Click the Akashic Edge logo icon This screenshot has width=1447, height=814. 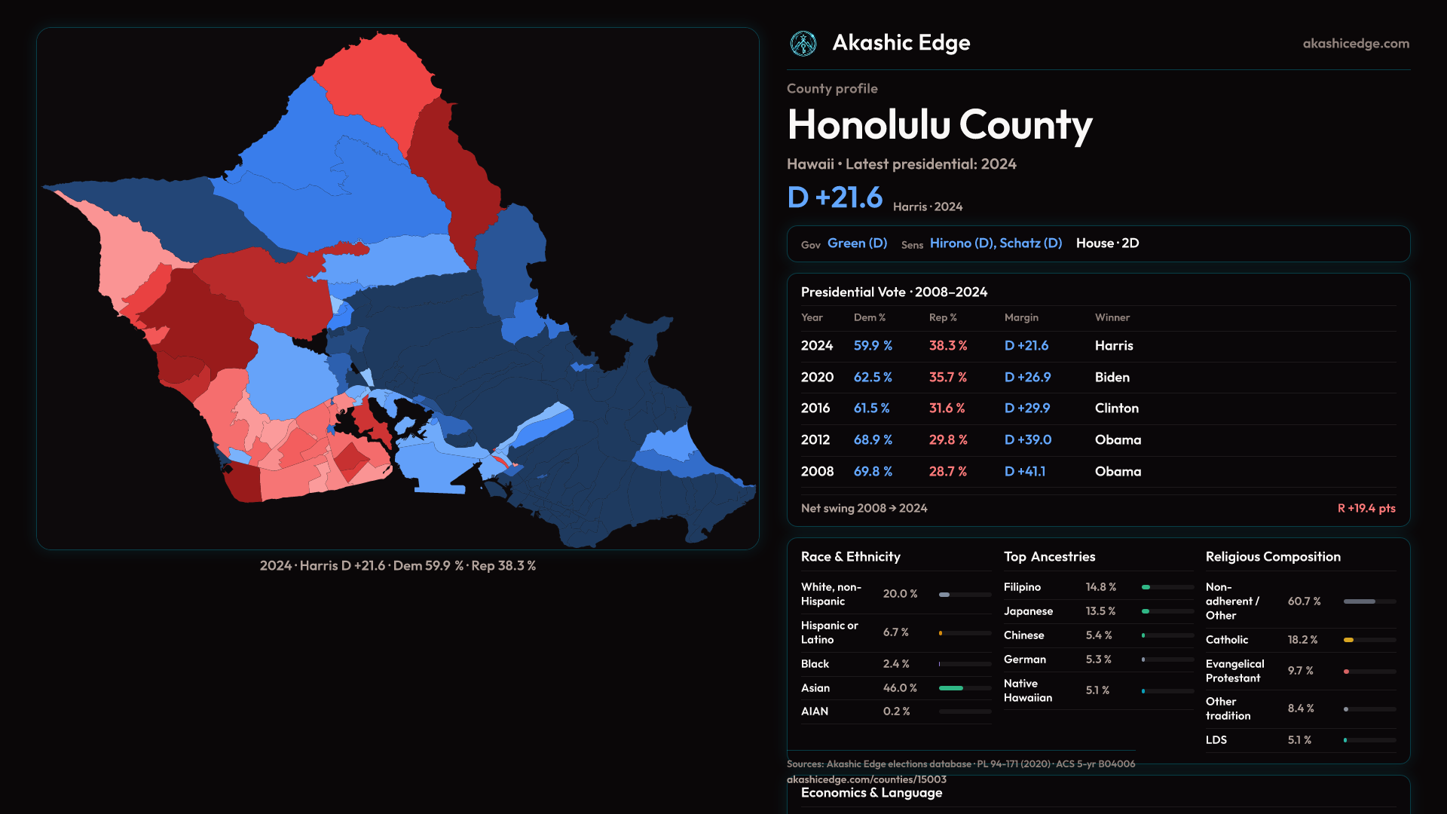point(803,44)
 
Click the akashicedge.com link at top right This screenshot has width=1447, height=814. point(1356,44)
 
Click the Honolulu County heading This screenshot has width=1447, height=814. point(939,125)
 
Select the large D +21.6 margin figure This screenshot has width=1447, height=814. point(834,197)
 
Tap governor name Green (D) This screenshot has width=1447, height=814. point(857,243)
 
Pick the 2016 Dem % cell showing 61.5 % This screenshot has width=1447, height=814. point(871,409)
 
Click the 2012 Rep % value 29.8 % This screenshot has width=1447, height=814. point(947,440)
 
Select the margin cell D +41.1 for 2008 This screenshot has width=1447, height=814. point(1024,472)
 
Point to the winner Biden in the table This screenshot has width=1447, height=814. point(1112,378)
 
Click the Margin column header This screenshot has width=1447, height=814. point(1021,318)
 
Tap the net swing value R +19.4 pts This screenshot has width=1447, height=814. point(1366,509)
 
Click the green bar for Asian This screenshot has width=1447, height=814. point(951,688)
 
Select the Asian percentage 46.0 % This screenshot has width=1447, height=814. point(900,688)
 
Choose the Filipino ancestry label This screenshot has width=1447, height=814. point(1022,587)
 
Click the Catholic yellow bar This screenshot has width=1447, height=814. point(1348,640)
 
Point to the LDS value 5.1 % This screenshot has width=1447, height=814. point(1299,740)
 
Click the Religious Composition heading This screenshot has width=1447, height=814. point(1273,557)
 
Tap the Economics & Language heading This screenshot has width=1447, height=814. point(871,793)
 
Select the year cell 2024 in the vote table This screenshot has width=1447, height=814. point(817,346)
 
